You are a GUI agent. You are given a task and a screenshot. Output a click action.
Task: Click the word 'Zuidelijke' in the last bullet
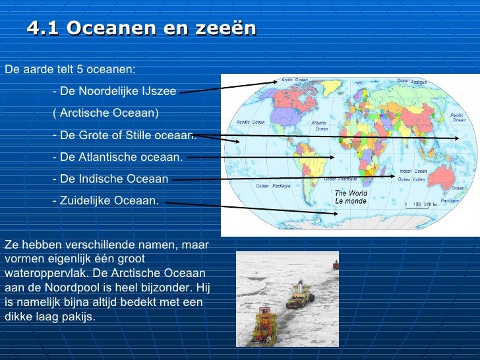point(87,200)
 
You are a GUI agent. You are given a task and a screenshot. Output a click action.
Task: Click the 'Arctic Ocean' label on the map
point(295,80)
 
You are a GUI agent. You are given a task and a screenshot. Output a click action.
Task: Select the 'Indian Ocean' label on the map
point(413,171)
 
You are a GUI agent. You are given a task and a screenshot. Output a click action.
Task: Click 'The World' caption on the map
point(351,193)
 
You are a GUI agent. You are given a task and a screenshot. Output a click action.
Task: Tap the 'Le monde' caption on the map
point(351,200)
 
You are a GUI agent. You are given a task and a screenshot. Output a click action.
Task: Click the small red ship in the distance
point(334,265)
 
